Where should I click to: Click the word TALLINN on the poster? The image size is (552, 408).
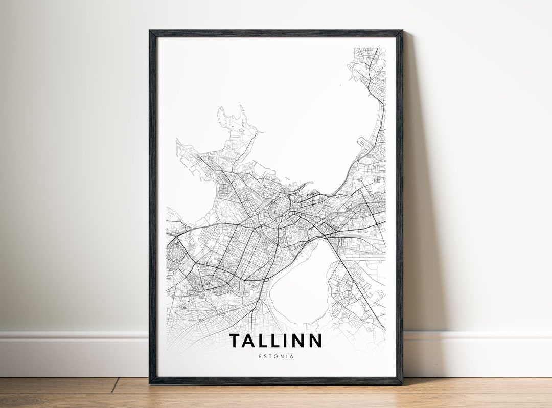[275, 341]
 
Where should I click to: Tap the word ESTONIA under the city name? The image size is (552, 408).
[275, 356]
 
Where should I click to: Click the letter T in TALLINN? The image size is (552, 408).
[235, 341]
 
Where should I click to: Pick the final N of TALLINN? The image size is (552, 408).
[315, 341]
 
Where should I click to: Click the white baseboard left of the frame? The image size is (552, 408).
[72, 353]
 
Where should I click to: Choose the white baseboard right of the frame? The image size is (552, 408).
[475, 353]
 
